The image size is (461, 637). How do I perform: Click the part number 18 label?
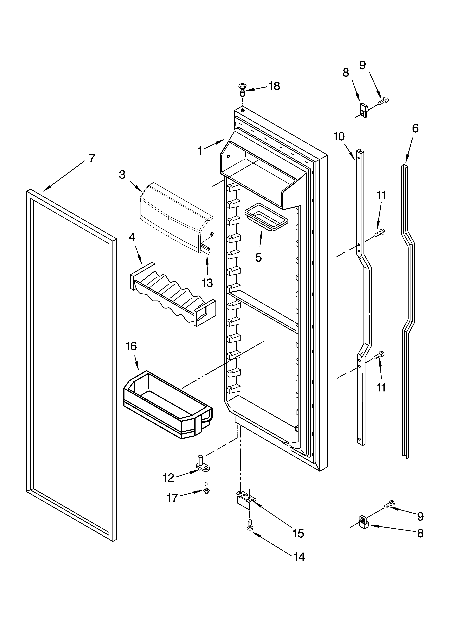(x=274, y=86)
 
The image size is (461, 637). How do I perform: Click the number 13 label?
(x=207, y=283)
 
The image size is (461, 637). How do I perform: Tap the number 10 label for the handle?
(x=339, y=137)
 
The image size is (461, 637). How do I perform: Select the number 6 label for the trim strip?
(x=415, y=128)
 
